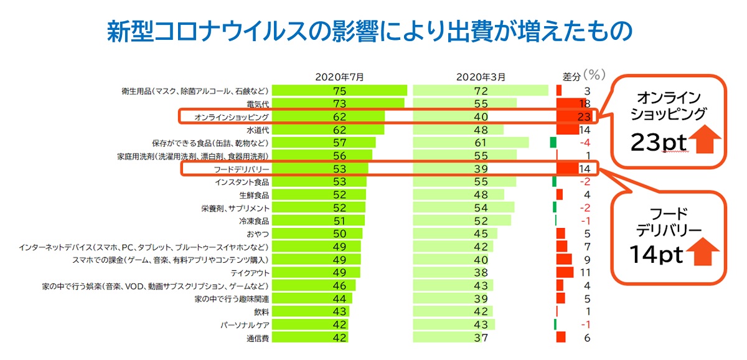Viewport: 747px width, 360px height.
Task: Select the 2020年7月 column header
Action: (339, 77)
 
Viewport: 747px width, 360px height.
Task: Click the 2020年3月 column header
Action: (481, 77)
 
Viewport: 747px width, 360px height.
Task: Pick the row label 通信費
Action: (256, 338)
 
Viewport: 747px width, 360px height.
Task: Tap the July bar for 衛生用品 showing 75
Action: (340, 90)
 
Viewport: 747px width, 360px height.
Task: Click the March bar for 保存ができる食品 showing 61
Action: (471, 143)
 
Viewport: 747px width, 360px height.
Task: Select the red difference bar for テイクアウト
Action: (565, 272)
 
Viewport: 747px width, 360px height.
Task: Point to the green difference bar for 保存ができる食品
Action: (553, 143)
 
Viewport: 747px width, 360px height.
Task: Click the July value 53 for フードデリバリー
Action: (339, 168)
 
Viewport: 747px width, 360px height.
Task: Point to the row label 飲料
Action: (261, 311)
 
